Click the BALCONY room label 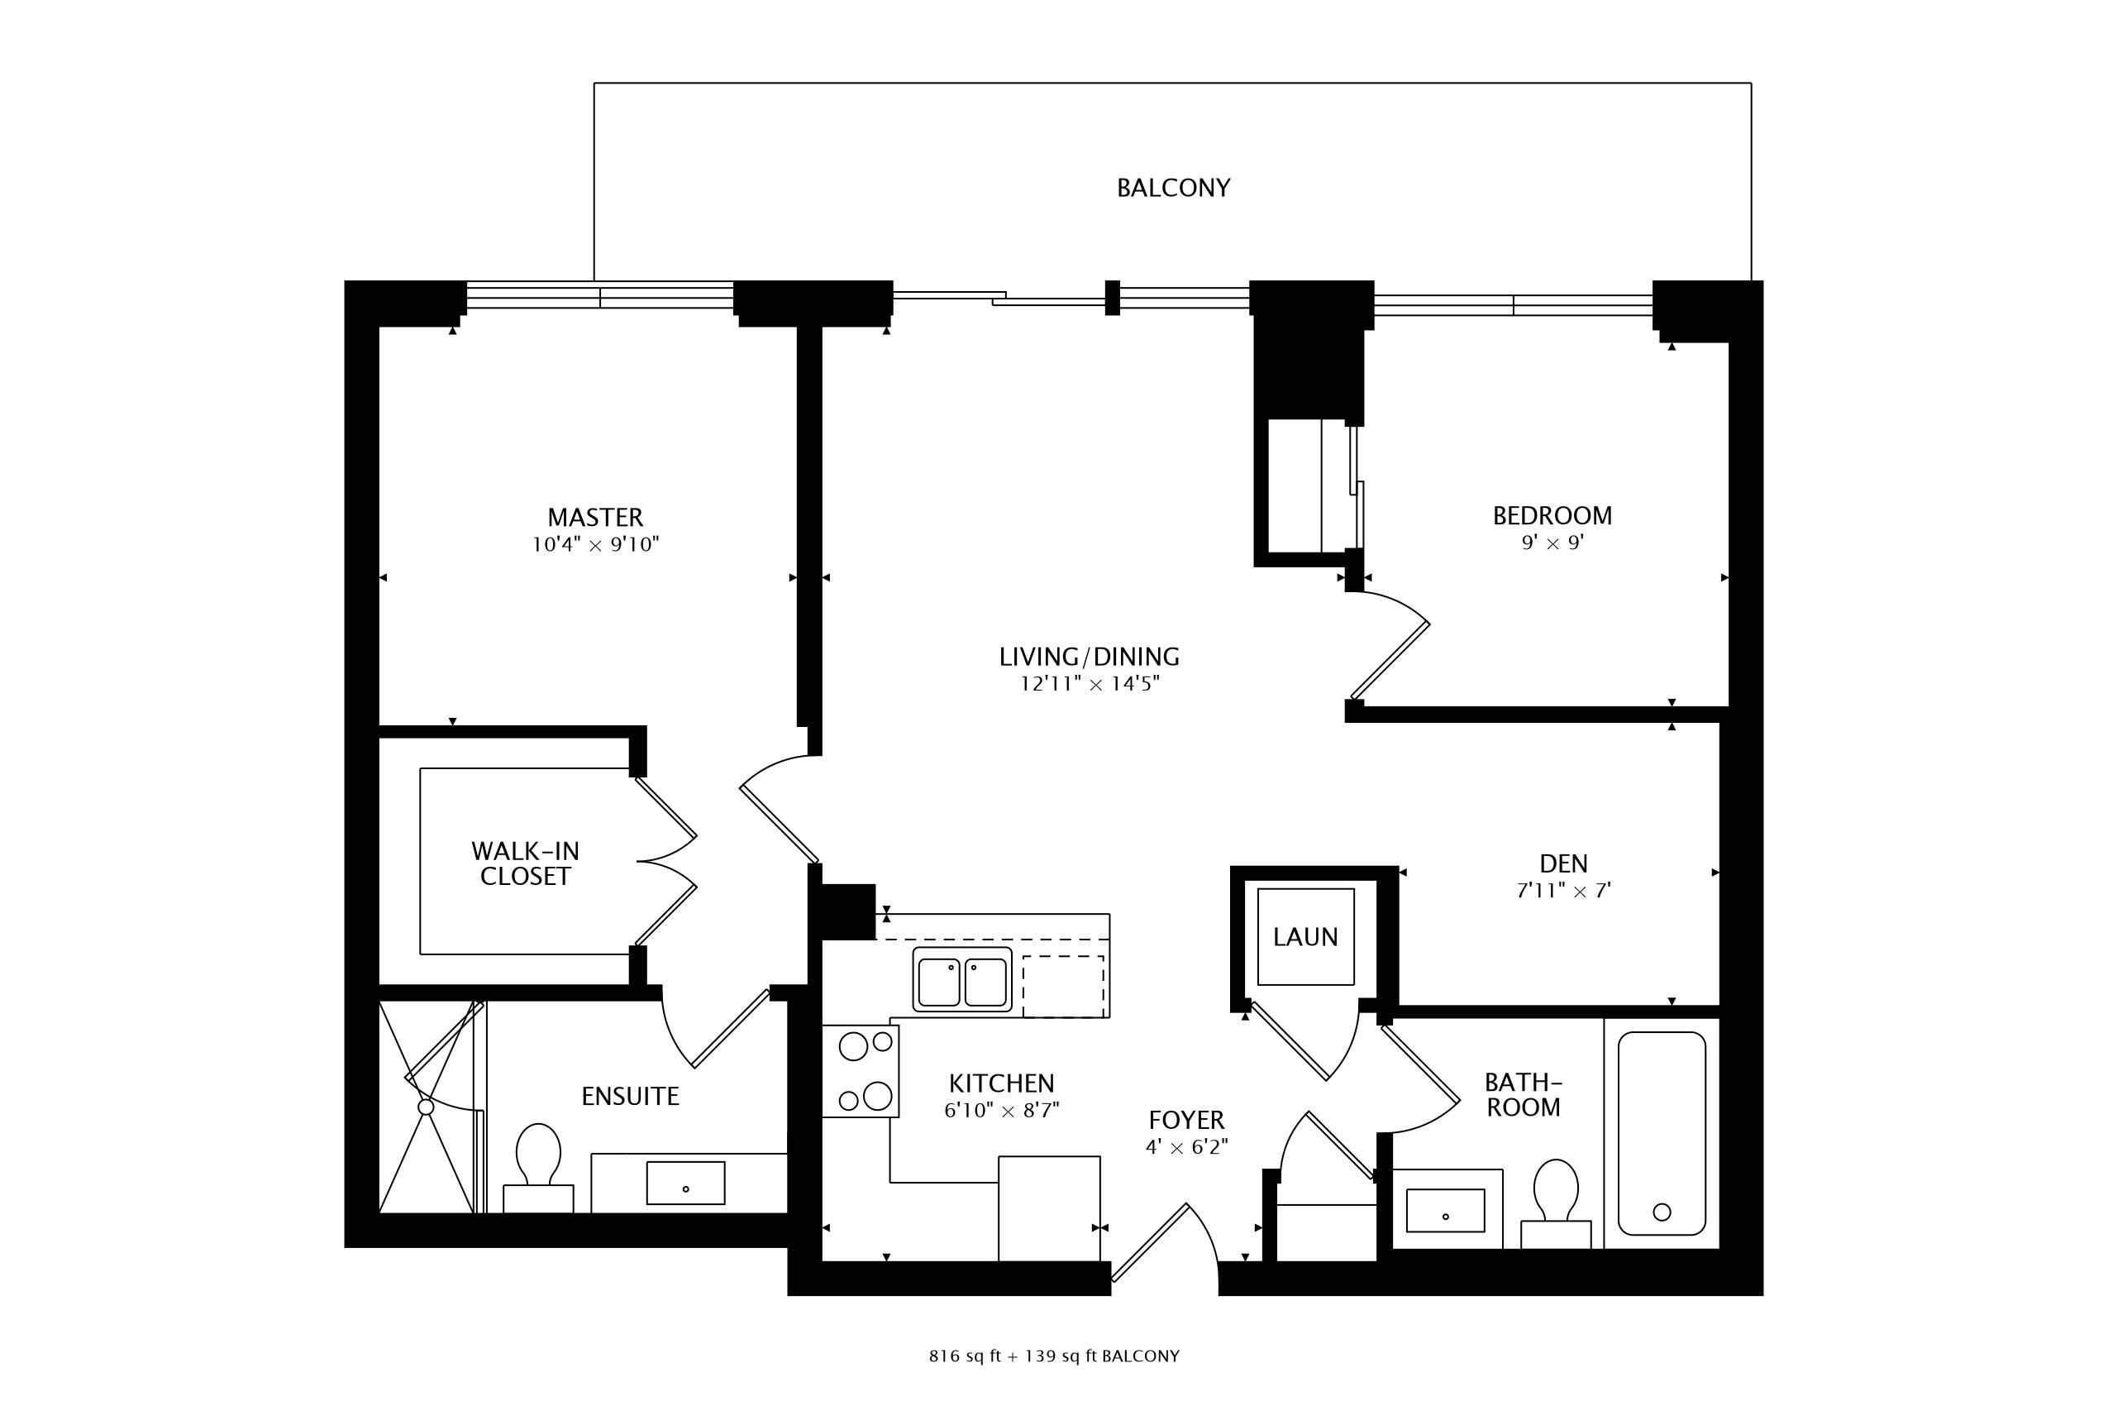[x=1173, y=188]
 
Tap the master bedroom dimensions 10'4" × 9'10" [x=595, y=544]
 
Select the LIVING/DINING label [x=1089, y=657]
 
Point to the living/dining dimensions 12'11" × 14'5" [x=1089, y=684]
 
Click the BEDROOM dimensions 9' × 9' [x=1552, y=543]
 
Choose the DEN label [x=1563, y=863]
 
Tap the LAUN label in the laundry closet [x=1305, y=937]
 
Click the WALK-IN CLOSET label [x=525, y=863]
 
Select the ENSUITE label [x=630, y=1096]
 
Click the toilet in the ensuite [x=539, y=1168]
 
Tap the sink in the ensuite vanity [x=685, y=1183]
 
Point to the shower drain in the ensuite [x=426, y=1107]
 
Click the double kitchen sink [x=962, y=979]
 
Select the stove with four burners [x=861, y=1071]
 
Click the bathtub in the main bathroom [x=1662, y=1133]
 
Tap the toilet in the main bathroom [x=1556, y=1203]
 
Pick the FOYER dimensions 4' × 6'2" [x=1186, y=1147]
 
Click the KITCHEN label [x=1001, y=1083]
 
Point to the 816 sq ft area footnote [x=1054, y=1356]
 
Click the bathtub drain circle [x=1662, y=1212]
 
